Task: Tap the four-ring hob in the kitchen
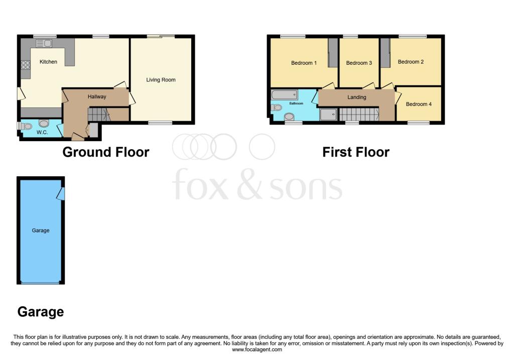tap(25, 65)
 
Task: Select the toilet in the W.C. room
tap(43, 123)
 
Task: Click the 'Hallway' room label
tap(97, 96)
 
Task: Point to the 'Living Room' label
tap(161, 80)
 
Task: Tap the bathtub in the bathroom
tap(285, 95)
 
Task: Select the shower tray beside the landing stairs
tap(329, 115)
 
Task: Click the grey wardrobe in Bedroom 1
tap(332, 53)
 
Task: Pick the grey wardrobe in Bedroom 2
tap(385, 53)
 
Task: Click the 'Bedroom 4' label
tap(419, 104)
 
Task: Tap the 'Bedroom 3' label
tap(359, 63)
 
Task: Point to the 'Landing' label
tap(357, 97)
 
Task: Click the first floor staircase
tap(358, 115)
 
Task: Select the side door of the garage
tap(61, 193)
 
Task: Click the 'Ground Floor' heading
tap(105, 152)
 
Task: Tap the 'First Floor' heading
tap(355, 152)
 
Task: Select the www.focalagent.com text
tap(256, 349)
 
